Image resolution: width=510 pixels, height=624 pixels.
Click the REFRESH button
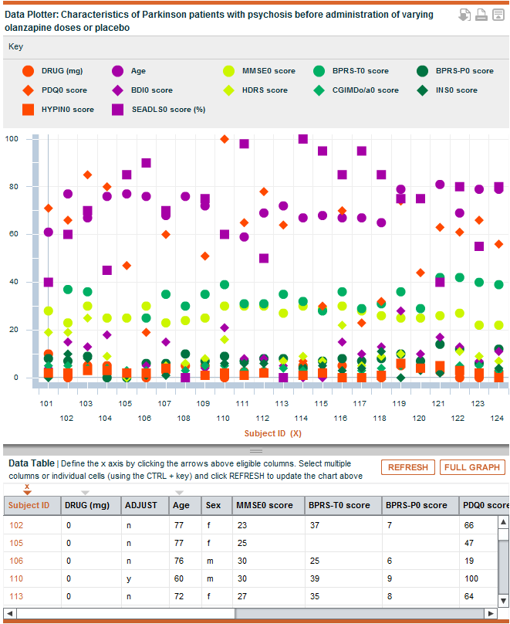[x=408, y=467]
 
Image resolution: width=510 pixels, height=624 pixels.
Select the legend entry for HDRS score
[x=255, y=90]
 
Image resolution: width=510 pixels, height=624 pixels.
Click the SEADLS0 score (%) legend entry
[x=159, y=110]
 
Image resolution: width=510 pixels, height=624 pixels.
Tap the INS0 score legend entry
[x=447, y=90]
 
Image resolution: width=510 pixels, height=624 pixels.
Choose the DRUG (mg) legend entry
[x=52, y=71]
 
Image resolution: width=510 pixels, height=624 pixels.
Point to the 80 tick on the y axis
[x=14, y=187]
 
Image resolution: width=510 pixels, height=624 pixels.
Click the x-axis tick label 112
[x=262, y=419]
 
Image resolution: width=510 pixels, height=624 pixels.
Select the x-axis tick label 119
[x=399, y=404]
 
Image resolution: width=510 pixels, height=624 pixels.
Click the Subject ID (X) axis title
[x=272, y=433]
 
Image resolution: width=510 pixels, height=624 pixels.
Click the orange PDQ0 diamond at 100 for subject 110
[x=225, y=139]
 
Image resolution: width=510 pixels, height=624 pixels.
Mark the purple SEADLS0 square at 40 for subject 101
[x=48, y=282]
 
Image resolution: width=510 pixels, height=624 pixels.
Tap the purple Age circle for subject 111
[x=244, y=237]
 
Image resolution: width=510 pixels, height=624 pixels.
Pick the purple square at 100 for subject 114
[x=303, y=139]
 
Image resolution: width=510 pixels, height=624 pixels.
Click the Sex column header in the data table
[x=213, y=505]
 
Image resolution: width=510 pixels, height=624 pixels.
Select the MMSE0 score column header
[x=265, y=505]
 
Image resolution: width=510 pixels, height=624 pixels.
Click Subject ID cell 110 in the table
[x=16, y=578]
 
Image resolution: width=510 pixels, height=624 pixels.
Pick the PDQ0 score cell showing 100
[x=471, y=578]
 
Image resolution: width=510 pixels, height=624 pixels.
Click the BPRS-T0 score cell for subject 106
[x=315, y=561]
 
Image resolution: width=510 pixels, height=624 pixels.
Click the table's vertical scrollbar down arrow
[x=503, y=601]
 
